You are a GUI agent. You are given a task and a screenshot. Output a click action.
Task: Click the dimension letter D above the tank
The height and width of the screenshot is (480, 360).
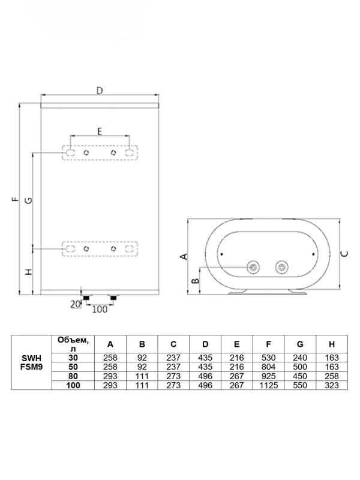point(100,90)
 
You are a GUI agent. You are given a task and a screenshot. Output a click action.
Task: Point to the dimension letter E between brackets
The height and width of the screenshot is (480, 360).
point(100,130)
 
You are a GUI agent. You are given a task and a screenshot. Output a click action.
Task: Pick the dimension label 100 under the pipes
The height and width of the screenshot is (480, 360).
point(100,309)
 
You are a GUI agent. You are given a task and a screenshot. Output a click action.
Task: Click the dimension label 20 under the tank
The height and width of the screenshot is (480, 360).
point(75,305)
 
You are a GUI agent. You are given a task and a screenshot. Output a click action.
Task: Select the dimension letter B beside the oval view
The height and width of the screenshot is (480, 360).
point(195,280)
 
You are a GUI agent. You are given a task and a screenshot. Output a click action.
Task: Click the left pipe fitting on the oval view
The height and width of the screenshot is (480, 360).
point(254,267)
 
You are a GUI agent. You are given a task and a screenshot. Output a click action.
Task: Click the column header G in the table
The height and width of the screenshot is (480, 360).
point(299,344)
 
